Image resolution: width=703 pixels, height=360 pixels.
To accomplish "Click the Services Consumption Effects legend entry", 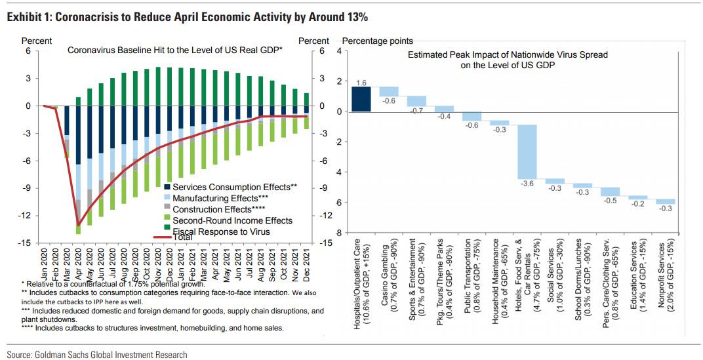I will [229, 187].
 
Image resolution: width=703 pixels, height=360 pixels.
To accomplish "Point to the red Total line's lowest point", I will [79, 225].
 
